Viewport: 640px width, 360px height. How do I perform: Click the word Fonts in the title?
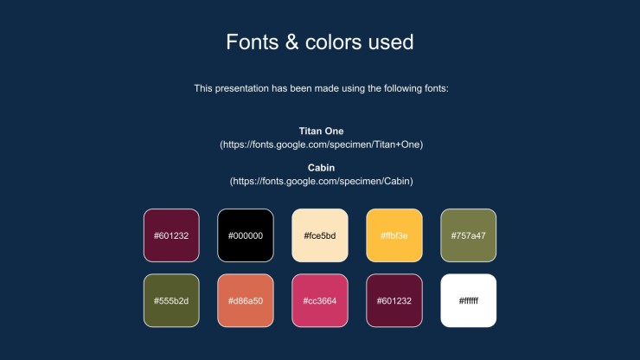[x=253, y=42]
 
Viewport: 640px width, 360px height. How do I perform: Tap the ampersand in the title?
[x=291, y=42]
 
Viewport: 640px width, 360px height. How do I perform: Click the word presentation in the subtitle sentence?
[x=241, y=88]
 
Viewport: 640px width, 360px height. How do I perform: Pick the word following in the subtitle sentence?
[x=402, y=88]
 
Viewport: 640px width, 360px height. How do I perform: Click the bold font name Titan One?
[x=321, y=132]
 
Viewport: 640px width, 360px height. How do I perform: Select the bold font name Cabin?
[x=321, y=168]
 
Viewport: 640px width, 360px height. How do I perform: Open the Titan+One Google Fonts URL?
[x=321, y=145]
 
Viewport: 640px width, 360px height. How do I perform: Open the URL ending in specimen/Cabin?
[x=321, y=182]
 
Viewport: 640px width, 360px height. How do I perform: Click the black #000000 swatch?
[x=246, y=235]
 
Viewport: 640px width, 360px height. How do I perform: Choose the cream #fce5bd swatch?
[x=320, y=235]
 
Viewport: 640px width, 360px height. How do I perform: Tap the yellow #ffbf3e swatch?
[x=394, y=235]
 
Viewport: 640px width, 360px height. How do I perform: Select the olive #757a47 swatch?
[x=469, y=235]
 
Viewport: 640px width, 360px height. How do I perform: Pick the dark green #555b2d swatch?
[x=171, y=300]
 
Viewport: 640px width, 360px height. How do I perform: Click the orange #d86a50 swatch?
[x=246, y=300]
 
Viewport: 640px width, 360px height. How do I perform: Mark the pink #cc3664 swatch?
[x=320, y=300]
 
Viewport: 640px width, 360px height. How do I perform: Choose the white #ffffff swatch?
[x=469, y=300]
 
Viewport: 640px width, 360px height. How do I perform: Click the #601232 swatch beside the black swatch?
[x=171, y=235]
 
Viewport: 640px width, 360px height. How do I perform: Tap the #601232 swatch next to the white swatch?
[x=394, y=300]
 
